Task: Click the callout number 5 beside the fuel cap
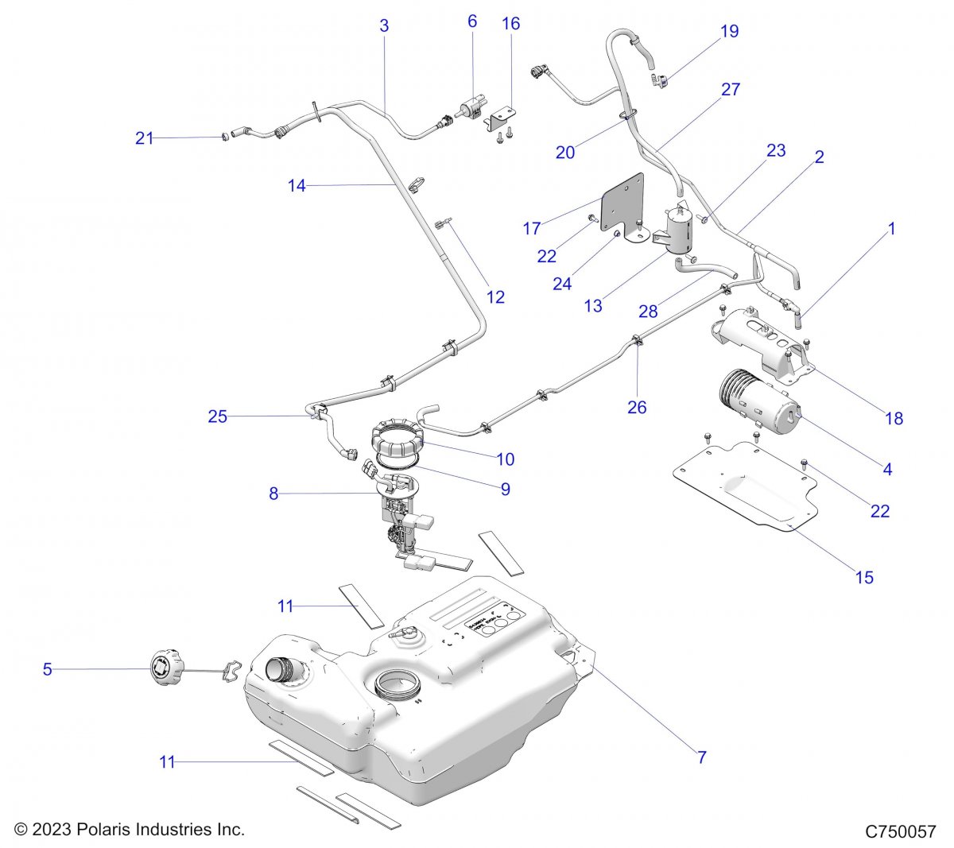pyautogui.click(x=47, y=670)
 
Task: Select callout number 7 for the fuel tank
pyautogui.click(x=702, y=757)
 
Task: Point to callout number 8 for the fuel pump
pyautogui.click(x=273, y=494)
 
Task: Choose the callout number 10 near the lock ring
pyautogui.click(x=506, y=459)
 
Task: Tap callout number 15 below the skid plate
pyautogui.click(x=864, y=577)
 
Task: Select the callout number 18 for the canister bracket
pyautogui.click(x=894, y=418)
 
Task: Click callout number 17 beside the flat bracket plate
pyautogui.click(x=532, y=229)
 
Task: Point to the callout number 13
pyautogui.click(x=593, y=305)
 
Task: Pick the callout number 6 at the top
pyautogui.click(x=472, y=21)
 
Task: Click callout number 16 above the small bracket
pyautogui.click(x=511, y=24)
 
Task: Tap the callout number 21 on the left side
pyautogui.click(x=144, y=138)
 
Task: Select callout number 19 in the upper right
pyautogui.click(x=729, y=32)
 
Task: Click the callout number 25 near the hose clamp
pyautogui.click(x=217, y=416)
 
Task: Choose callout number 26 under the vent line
pyautogui.click(x=637, y=408)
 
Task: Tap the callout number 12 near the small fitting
pyautogui.click(x=495, y=297)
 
